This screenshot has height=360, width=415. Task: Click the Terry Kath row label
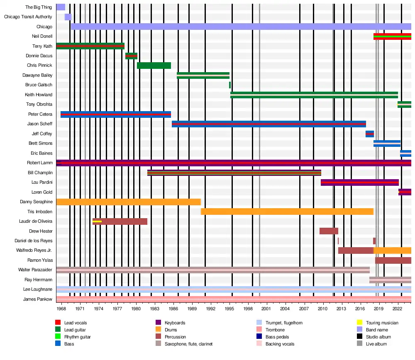coord(42,46)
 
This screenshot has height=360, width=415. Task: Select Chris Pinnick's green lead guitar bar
coord(154,66)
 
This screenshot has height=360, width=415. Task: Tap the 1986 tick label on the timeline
coord(173,309)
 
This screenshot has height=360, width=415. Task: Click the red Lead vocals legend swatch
coord(58,323)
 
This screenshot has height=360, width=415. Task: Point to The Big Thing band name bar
coord(61,7)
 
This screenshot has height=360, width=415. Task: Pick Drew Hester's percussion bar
coord(329,231)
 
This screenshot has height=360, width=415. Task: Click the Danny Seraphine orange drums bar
coord(128,202)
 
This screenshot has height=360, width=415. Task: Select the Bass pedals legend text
coord(277,337)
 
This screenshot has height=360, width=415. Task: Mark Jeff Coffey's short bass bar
coord(369,134)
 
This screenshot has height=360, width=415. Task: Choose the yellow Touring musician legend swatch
coord(360,323)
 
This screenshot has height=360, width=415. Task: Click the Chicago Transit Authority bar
coord(68,17)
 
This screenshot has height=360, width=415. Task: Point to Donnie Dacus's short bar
coord(131,56)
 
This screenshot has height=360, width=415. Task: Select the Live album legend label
coord(376,344)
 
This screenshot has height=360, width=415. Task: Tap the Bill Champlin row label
coord(40,173)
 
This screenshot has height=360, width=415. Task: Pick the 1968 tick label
coord(61,309)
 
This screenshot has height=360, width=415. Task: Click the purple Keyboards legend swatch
coord(158,323)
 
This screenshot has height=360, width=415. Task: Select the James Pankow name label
coord(38,299)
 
